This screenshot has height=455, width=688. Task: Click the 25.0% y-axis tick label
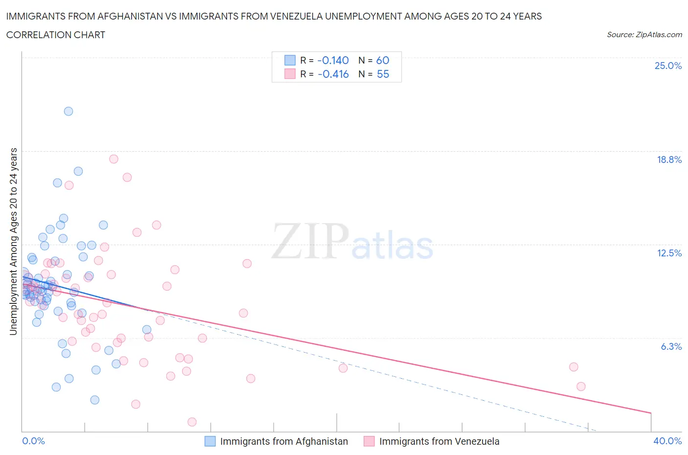pos(668,66)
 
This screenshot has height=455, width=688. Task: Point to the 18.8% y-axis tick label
pos(669,159)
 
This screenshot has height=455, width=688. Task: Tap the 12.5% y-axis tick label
pos(669,253)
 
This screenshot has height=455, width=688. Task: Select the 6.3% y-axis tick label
pos(671,346)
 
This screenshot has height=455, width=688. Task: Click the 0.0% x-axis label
pos(33,441)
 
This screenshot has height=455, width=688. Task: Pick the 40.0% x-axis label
pos(667,441)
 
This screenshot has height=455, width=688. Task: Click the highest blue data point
pos(69,111)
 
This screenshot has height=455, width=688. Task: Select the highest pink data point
pos(114,159)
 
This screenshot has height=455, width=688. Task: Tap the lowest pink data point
pos(192,422)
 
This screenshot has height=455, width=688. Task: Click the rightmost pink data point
pos(581,387)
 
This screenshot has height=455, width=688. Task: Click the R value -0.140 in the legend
pos(333,60)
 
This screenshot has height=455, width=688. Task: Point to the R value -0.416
pos(333,74)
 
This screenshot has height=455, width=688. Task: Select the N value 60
pos(382,60)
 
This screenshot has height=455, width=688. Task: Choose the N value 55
pos(383,74)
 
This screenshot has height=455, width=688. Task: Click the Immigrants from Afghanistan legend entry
pos(284,441)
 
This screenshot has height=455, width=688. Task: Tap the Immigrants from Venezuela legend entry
pos(439,441)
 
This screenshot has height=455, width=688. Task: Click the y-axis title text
pos(13,241)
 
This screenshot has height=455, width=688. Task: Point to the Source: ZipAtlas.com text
pos(644,34)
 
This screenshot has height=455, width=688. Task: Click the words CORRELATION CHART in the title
pos(56,35)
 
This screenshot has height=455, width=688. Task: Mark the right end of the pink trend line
pos(651,413)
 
